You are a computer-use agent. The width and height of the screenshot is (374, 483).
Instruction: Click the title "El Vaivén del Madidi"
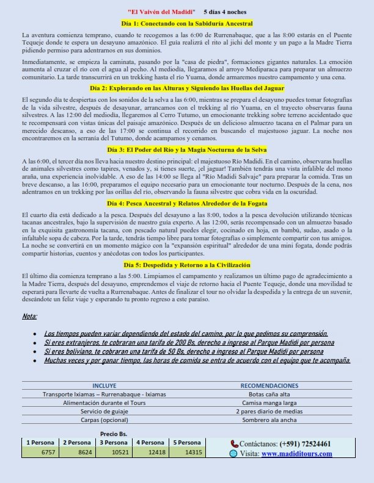pyautogui.click(x=162, y=12)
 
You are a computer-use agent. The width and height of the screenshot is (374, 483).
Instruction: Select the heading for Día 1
pyautogui.click(x=186, y=24)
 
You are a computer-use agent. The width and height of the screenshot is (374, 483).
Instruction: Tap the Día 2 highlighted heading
pyautogui.click(x=186, y=88)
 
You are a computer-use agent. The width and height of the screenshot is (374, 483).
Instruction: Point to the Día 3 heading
pyautogui.click(x=186, y=149)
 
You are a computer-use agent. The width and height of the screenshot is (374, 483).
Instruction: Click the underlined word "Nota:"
pyautogui.click(x=29, y=317)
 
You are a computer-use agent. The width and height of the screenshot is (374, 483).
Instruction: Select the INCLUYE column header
pyautogui.click(x=104, y=386)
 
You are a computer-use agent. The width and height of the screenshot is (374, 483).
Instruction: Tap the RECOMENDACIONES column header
pyautogui.click(x=269, y=386)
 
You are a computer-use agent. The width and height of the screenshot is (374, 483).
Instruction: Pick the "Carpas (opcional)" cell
pyautogui.click(x=104, y=420)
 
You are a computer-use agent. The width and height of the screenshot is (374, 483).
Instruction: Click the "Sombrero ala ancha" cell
pyautogui.click(x=269, y=420)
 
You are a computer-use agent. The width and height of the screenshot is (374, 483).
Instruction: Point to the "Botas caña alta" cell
pyautogui.click(x=269, y=395)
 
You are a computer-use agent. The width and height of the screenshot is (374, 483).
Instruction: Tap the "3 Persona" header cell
pyautogui.click(x=113, y=443)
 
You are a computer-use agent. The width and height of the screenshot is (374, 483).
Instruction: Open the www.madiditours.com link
pyautogui.click(x=296, y=454)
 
